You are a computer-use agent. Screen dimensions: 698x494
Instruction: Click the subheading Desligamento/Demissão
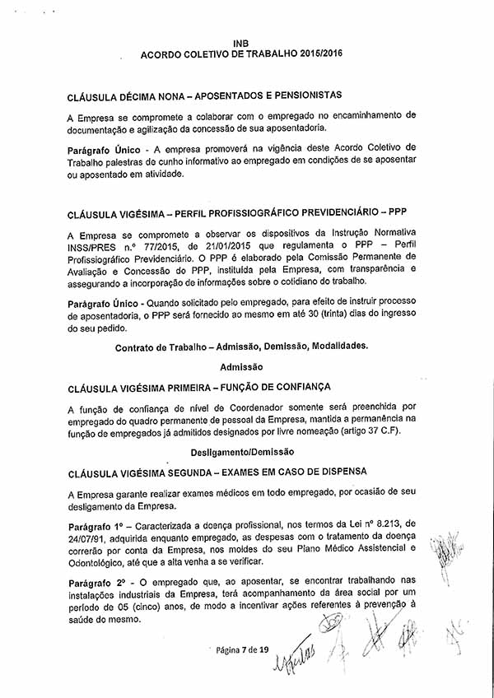pos(242,452)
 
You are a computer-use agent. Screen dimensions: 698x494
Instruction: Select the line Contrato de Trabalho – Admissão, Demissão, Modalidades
pos(242,346)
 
